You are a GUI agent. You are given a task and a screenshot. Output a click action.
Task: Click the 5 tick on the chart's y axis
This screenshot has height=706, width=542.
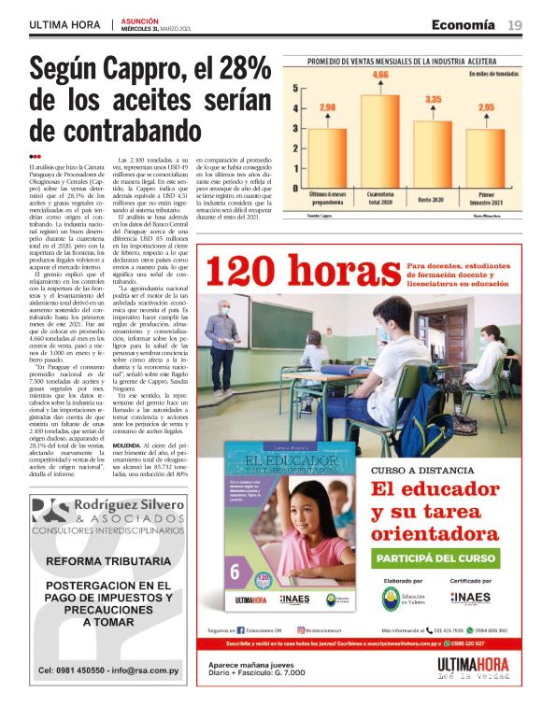(x=295, y=90)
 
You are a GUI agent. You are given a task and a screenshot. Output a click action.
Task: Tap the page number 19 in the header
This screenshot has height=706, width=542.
(x=515, y=24)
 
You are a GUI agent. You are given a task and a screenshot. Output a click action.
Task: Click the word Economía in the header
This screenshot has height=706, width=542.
(x=464, y=24)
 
